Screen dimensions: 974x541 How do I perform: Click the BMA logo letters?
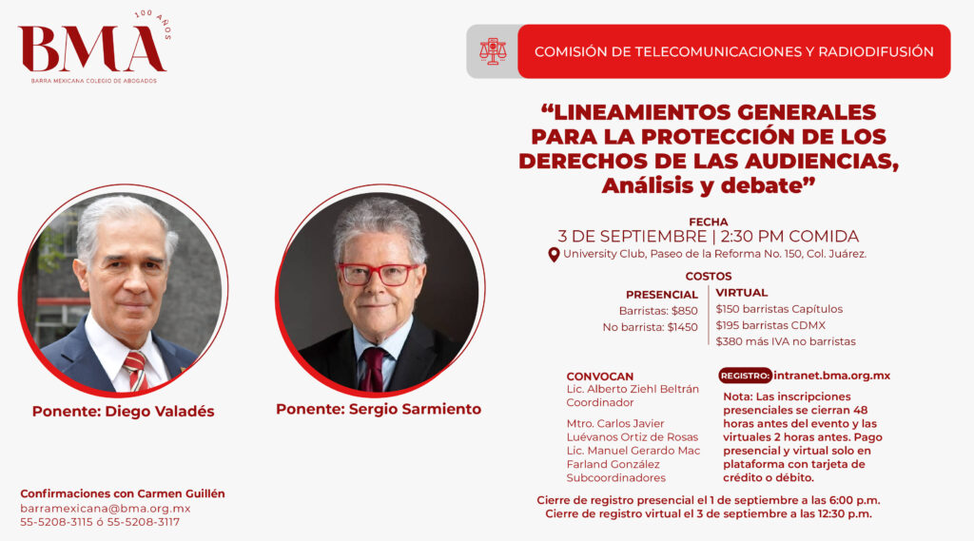pyautogui.click(x=92, y=49)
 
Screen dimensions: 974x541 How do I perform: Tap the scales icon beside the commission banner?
pyautogui.click(x=493, y=51)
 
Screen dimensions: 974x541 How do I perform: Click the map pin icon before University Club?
pyautogui.click(x=554, y=255)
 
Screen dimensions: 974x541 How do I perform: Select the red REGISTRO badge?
pyautogui.click(x=746, y=376)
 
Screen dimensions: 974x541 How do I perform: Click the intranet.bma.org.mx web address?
pyautogui.click(x=831, y=376)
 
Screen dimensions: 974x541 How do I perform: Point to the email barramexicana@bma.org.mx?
pyautogui.click(x=105, y=508)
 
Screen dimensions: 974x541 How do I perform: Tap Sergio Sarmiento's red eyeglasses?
pyautogui.click(x=378, y=274)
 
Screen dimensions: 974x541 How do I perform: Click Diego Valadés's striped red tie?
pyautogui.click(x=136, y=371)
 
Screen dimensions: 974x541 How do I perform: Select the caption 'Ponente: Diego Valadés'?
pyautogui.click(x=123, y=411)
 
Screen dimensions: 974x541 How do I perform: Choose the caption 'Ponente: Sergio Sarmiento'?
pyautogui.click(x=379, y=409)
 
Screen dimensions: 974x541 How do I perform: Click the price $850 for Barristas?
pyautogui.click(x=685, y=311)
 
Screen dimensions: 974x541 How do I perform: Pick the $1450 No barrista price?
pyautogui.click(x=682, y=327)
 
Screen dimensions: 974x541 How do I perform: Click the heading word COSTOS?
pyautogui.click(x=708, y=276)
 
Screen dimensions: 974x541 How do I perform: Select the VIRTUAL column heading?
pyautogui.click(x=742, y=292)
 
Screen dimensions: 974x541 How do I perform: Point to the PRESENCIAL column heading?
pyautogui.click(x=662, y=295)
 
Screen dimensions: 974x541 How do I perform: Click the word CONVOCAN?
pyautogui.click(x=600, y=377)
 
